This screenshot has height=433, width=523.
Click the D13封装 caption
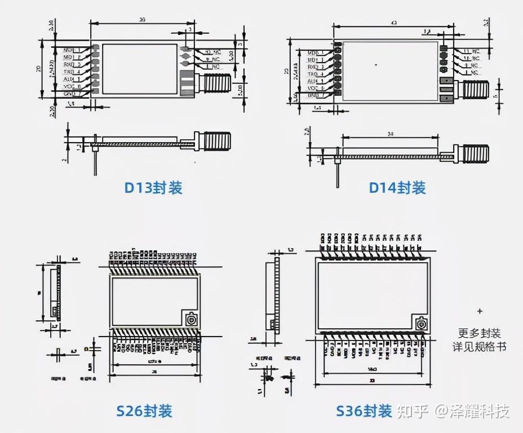153,188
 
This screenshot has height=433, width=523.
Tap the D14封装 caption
397,188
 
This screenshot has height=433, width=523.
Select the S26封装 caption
144,410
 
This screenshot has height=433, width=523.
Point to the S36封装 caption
364,410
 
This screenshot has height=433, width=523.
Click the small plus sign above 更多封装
480,311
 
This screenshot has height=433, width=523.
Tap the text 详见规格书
480,346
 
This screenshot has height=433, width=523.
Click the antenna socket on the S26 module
190,319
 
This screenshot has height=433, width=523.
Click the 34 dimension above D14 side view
390,134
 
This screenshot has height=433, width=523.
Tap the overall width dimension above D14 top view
392,22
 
